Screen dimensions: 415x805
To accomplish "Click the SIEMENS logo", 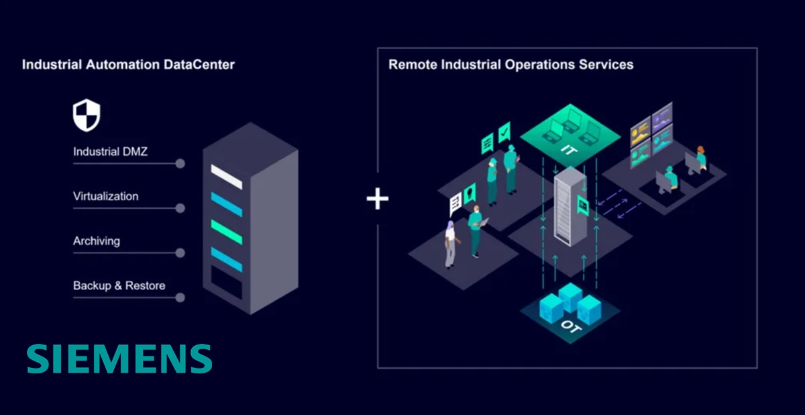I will pyautogui.click(x=119, y=359).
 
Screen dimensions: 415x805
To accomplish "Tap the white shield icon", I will pyautogui.click(x=86, y=116).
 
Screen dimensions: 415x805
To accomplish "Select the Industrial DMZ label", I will pyautogui.click(x=110, y=152).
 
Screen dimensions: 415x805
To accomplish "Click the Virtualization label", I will pyautogui.click(x=105, y=196).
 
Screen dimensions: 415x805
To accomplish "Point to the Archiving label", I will pyautogui.click(x=97, y=240).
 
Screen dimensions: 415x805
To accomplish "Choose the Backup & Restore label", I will pyautogui.click(x=119, y=285).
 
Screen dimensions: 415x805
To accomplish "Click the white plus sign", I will pyautogui.click(x=378, y=198).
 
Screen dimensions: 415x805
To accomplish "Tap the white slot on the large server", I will pyautogui.click(x=227, y=177).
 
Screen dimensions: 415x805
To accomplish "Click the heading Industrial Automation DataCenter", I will pyautogui.click(x=128, y=65).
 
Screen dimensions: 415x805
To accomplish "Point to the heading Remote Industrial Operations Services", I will pyautogui.click(x=511, y=65).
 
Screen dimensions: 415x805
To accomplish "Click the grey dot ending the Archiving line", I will pyautogui.click(x=180, y=253).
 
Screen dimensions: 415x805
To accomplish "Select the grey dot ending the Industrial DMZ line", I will pyautogui.click(x=180, y=164).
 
